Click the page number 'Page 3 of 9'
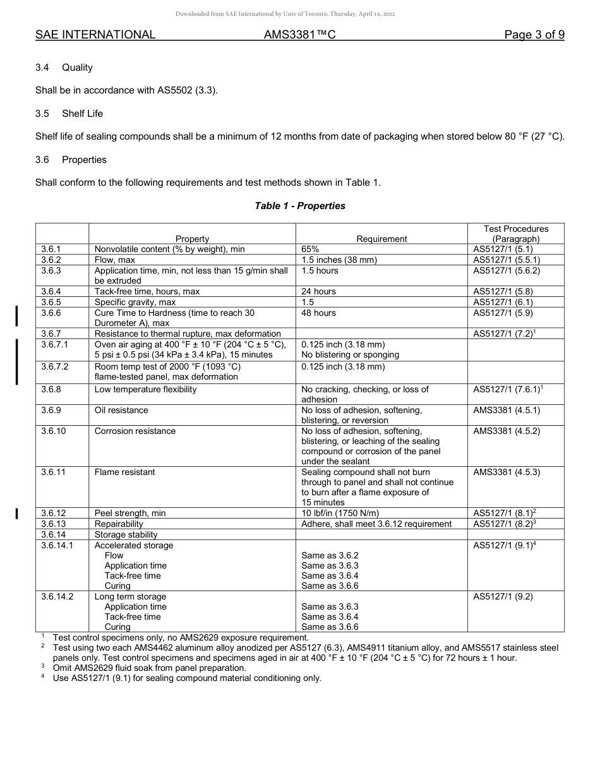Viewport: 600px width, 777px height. coord(534,35)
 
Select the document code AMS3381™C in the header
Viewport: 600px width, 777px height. coord(299,35)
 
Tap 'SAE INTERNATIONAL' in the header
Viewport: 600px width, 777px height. coord(95,35)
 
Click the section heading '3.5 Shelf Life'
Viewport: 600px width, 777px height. coord(69,114)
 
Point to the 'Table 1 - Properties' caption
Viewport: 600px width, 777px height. coord(300,206)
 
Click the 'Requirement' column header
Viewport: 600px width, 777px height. coord(381,239)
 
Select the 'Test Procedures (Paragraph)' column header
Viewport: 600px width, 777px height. coord(515,234)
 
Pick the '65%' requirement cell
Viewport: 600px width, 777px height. coord(310,250)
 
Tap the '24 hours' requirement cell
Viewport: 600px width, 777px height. coord(319,292)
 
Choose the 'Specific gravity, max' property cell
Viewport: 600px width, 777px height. coord(135,303)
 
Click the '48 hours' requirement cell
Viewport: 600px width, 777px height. coord(319,313)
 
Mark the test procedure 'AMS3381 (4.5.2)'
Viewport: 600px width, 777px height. coord(507,431)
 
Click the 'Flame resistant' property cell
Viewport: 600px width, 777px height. coord(124,473)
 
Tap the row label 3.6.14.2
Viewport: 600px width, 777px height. coord(57,597)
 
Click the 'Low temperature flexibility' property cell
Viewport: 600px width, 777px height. coord(145,390)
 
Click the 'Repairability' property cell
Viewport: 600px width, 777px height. coord(119,524)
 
